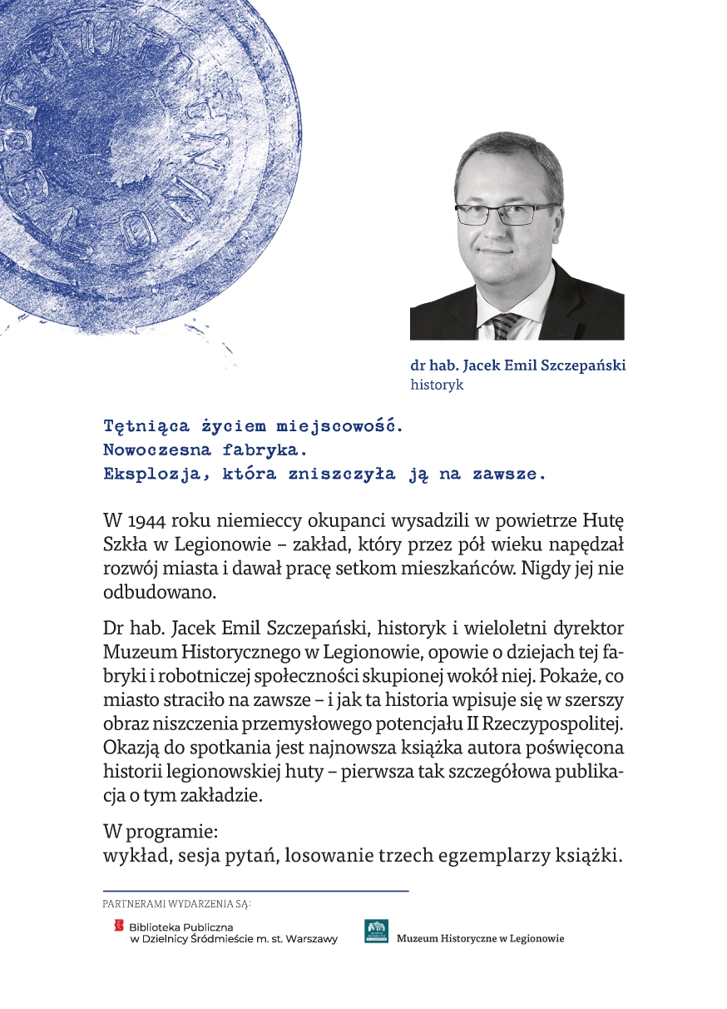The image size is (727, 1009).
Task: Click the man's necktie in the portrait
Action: (x=505, y=326)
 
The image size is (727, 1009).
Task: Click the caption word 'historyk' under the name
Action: (x=437, y=385)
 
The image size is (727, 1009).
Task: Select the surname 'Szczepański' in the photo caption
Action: (x=586, y=365)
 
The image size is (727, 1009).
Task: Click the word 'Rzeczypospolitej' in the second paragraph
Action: (x=552, y=718)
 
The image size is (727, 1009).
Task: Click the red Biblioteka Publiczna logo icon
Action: (x=118, y=924)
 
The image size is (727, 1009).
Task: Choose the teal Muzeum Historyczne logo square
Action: (x=376, y=931)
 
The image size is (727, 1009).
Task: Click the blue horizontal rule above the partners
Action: (x=255, y=891)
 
